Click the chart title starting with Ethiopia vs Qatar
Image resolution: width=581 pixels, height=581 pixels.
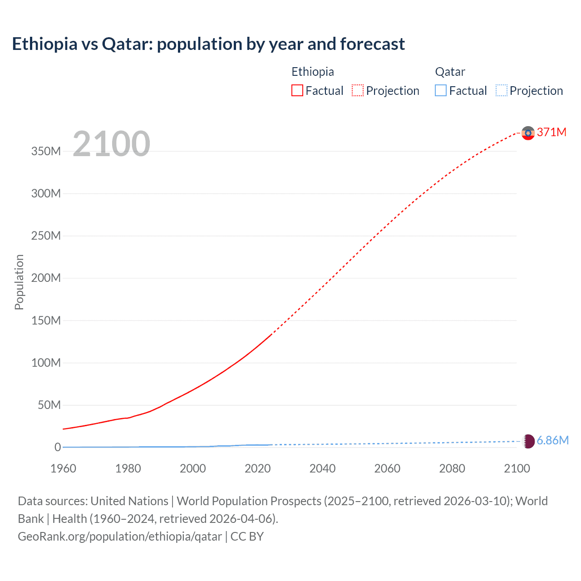click(x=208, y=44)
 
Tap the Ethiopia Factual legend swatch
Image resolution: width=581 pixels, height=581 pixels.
click(x=297, y=91)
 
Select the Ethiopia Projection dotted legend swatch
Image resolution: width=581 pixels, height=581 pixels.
click(x=358, y=91)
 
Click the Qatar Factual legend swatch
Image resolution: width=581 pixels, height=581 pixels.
click(x=441, y=91)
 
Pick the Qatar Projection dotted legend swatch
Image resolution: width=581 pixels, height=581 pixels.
click(x=502, y=91)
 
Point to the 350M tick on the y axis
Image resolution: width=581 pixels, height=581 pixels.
click(x=46, y=152)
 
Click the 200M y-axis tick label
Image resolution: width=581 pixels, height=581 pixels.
click(x=46, y=278)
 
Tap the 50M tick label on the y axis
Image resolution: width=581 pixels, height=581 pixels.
click(x=49, y=405)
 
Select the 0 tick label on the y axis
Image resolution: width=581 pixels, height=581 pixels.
click(x=58, y=448)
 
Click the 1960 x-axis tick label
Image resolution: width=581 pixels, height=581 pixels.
click(x=63, y=468)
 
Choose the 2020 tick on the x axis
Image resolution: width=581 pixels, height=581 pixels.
click(x=258, y=468)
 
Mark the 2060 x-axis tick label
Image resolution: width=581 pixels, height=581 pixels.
click(x=387, y=468)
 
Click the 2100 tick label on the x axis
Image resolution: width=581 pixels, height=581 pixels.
click(x=517, y=468)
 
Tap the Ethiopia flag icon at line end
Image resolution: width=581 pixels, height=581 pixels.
click(x=528, y=133)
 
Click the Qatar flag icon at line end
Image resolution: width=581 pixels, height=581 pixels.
click(x=528, y=441)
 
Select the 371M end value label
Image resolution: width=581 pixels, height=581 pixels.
click(x=551, y=132)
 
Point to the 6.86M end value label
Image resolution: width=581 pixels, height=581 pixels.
click(x=552, y=440)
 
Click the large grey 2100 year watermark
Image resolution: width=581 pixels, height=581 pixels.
click(x=111, y=144)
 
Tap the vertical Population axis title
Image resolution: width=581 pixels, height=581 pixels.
click(x=19, y=282)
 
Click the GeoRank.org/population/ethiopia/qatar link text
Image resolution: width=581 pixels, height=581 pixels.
click(x=120, y=537)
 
